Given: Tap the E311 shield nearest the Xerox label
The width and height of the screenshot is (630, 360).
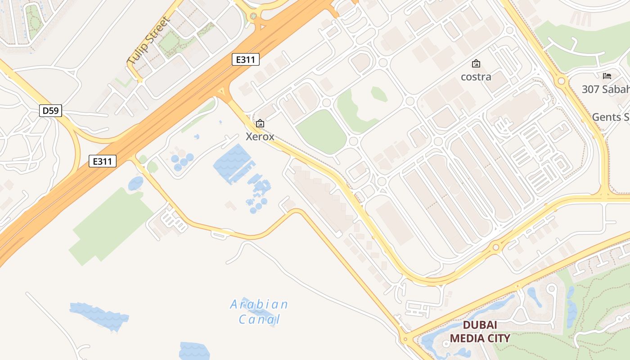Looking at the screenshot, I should [246, 59].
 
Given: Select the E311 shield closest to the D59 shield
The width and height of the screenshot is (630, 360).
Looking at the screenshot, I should [103, 161].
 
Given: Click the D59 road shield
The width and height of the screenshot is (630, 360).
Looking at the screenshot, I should [50, 111].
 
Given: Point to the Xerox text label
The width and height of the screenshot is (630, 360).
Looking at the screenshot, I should [260, 136].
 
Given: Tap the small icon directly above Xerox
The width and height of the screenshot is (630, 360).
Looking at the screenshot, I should [260, 123].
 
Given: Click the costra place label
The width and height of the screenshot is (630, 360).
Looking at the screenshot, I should [476, 76].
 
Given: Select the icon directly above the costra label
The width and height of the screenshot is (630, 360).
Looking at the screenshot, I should [476, 63].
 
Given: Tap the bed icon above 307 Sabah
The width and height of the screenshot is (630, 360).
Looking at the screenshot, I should [607, 76].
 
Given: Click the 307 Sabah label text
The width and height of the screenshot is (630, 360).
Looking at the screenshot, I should [605, 89].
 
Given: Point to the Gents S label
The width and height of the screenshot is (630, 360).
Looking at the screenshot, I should [610, 117].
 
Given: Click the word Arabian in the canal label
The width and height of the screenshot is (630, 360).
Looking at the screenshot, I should [259, 305].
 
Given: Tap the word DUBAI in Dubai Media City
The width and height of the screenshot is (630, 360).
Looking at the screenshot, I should [480, 325].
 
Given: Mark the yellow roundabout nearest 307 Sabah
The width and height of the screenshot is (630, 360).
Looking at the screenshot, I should [561, 81].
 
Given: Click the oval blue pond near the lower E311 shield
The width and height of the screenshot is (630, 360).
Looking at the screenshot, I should [135, 183].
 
